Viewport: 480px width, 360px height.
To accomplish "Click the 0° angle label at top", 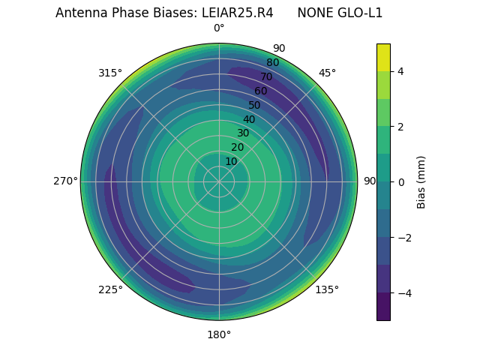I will pos(219,28).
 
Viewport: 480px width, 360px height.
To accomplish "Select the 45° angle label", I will pos(327,73).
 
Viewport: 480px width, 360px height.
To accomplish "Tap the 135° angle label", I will pos(327,289).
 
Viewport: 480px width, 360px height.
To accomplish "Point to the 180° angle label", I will pos(219,334).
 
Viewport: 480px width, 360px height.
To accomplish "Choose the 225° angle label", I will pos(110,289).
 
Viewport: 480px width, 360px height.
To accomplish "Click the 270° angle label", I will pos(65,181).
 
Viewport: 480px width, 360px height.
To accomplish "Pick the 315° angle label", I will pos(110,73).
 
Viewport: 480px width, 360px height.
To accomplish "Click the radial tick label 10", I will pos(231,161).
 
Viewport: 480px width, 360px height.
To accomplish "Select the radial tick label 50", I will pos(255,106).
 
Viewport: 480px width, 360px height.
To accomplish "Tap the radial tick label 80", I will pos(272,63).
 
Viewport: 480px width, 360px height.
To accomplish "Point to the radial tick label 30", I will pos(243,133).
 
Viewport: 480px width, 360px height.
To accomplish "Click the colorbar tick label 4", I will pos(400,71).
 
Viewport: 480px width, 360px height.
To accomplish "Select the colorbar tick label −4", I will pos(403,293).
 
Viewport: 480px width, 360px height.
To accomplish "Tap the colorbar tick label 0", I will pos(400,182).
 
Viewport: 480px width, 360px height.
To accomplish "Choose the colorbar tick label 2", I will pos(400,127).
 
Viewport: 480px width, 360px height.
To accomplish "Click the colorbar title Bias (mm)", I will pos(421,182).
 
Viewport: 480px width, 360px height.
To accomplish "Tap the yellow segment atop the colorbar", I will pos(383,57).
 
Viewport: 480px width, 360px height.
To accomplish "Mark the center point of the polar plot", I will pos(219,181).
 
